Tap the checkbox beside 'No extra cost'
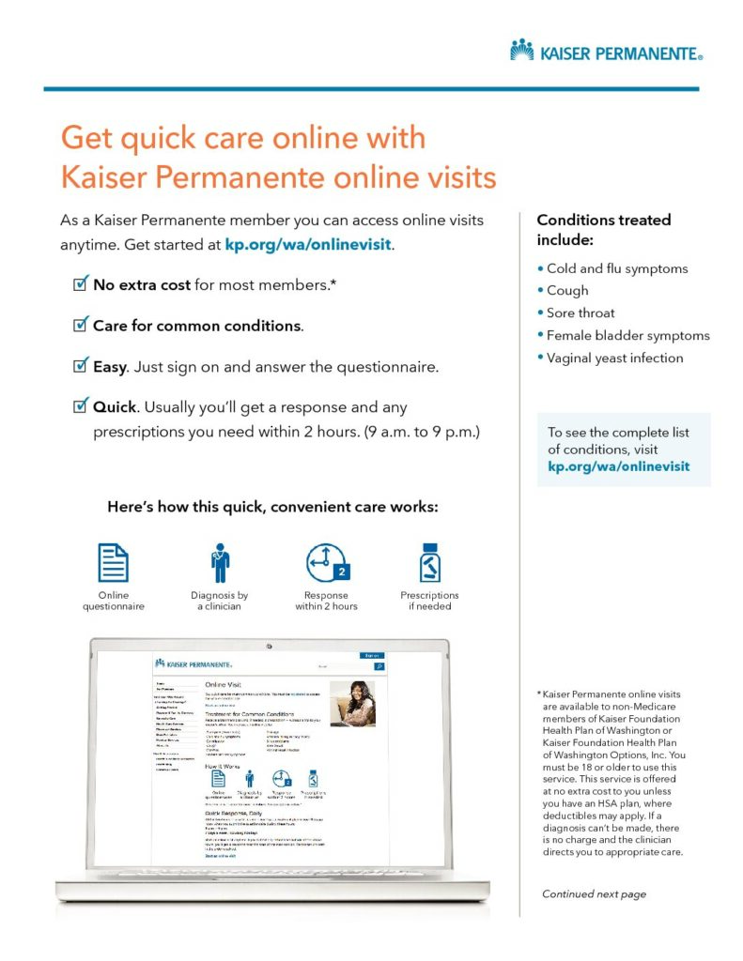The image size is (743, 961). [81, 283]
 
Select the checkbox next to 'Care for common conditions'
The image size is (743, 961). [81, 325]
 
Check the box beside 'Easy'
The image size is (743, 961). [81, 366]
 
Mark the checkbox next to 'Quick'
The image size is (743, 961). [81, 407]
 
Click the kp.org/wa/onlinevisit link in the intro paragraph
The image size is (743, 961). [307, 245]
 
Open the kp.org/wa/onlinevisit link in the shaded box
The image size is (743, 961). [618, 465]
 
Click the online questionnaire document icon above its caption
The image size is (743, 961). [114, 563]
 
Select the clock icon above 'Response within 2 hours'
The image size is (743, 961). [326, 563]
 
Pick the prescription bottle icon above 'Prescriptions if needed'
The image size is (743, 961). [430, 563]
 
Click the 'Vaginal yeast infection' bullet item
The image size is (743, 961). [615, 358]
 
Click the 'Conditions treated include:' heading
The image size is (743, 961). [603, 229]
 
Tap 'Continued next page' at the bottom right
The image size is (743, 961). [594, 893]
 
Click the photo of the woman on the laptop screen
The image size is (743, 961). [352, 703]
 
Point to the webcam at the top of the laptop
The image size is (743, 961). [268, 646]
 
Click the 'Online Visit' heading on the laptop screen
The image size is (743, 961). [226, 686]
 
